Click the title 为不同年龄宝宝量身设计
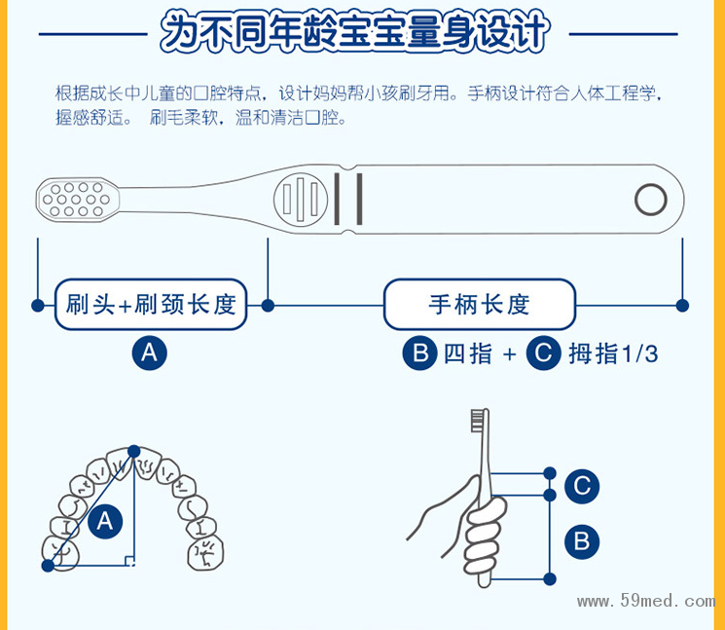point(355,32)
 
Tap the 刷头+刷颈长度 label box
point(151,305)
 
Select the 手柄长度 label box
point(479,305)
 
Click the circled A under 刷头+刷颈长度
point(149,352)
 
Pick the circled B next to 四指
point(419,352)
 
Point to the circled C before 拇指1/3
point(543,352)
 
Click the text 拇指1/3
point(613,353)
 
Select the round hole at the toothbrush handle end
point(650,200)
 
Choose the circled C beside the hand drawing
point(581,486)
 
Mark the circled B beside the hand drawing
point(581,540)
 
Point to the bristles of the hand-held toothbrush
point(478,421)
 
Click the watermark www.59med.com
point(645,601)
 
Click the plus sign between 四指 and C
point(509,353)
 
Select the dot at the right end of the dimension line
point(682,305)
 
